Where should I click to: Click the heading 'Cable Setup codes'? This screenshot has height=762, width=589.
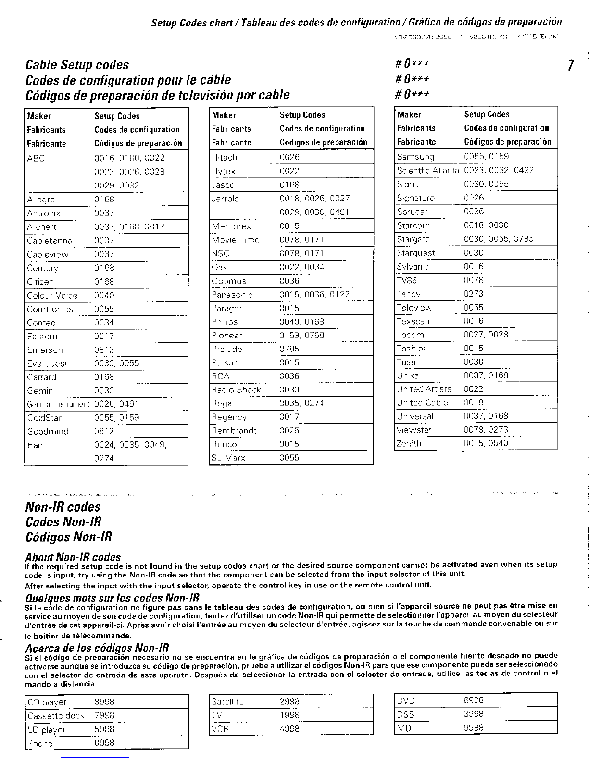point(77,65)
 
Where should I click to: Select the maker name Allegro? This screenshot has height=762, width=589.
point(41,200)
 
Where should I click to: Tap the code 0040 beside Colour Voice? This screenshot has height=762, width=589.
point(104,295)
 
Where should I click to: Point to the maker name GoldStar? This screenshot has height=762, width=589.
point(44,418)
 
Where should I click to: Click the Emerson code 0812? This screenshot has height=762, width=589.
point(104,350)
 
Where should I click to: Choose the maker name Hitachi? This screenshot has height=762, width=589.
point(226,157)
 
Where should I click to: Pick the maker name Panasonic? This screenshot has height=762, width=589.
point(232,295)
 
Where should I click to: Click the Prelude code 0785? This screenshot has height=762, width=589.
point(289,349)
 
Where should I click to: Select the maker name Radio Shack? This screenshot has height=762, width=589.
point(236,390)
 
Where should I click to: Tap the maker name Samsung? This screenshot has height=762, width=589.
point(415,157)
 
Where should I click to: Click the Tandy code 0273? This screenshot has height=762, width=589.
point(474,294)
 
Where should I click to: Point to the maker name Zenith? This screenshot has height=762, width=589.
point(409,444)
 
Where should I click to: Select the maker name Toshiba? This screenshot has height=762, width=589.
point(412,349)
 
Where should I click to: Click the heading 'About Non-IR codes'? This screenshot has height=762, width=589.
point(73,557)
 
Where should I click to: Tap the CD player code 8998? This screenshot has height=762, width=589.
point(104,702)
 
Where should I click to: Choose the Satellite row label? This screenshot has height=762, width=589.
point(228,702)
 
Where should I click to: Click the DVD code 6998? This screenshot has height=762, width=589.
point(474,701)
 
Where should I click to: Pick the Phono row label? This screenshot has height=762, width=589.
point(40,744)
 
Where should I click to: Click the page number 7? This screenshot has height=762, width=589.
point(570,65)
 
